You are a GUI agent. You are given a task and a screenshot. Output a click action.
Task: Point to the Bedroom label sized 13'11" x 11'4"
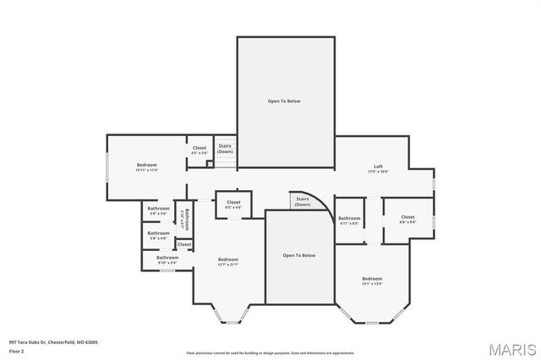[x=147, y=167]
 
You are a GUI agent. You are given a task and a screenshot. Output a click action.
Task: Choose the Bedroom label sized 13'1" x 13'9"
[x=372, y=281]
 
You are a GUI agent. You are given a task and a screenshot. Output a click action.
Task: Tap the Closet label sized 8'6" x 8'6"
[x=407, y=219]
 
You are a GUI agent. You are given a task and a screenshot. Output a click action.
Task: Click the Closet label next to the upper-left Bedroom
[x=199, y=150]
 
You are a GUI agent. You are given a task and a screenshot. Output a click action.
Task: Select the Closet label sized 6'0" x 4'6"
[x=233, y=204]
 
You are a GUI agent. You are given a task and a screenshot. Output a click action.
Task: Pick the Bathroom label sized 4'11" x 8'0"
[x=349, y=220]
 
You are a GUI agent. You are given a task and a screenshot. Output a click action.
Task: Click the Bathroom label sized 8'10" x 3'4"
[x=167, y=259]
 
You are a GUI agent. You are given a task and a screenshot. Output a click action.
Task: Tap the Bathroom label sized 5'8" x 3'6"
[x=158, y=210]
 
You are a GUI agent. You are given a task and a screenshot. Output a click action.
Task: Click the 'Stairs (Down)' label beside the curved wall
[x=303, y=202]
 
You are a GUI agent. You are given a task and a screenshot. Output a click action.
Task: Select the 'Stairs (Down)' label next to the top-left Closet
[x=225, y=148]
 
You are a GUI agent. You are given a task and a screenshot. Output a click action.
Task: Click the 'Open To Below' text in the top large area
[x=284, y=101]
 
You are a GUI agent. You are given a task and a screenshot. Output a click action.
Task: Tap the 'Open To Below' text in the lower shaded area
[x=298, y=255]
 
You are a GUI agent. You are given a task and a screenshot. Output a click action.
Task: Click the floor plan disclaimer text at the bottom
[x=270, y=352]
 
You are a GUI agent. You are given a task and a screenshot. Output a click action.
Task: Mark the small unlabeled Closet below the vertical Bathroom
[x=184, y=244]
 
